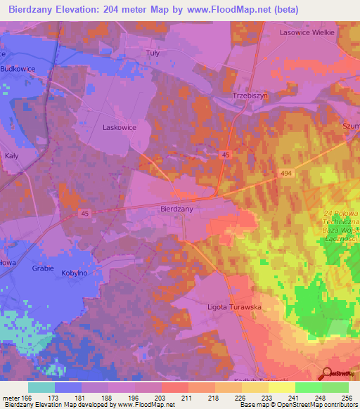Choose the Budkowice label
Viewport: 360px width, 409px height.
coord(18,68)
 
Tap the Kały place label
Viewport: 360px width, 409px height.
coord(12,136)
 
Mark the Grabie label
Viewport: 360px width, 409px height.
coord(43,268)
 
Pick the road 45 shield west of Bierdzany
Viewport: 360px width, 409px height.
coord(85,214)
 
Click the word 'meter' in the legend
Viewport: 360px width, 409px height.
coord(10,397)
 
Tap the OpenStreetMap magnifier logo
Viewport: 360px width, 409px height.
coord(326,373)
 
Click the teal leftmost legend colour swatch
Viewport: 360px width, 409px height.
coord(41,387)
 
